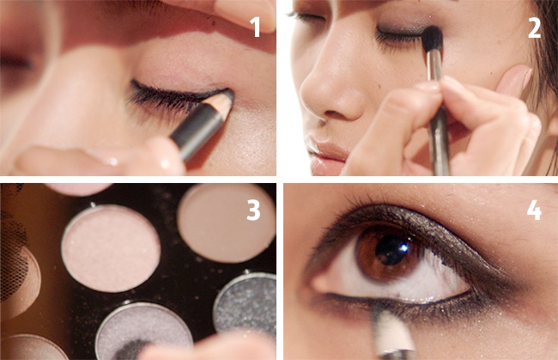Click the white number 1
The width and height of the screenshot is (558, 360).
point(256,27)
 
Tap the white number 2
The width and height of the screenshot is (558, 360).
point(534,27)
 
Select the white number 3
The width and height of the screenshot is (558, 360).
point(253,211)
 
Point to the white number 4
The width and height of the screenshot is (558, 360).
point(534,211)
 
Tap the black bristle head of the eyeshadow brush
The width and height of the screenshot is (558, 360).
point(433,39)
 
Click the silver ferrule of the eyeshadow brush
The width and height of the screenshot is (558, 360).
point(435,66)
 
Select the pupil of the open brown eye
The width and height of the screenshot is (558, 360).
point(391,249)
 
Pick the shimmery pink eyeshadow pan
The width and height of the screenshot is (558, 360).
point(111,247)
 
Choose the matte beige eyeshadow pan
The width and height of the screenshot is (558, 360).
point(227,223)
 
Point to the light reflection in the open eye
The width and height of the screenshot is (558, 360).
point(403,247)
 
